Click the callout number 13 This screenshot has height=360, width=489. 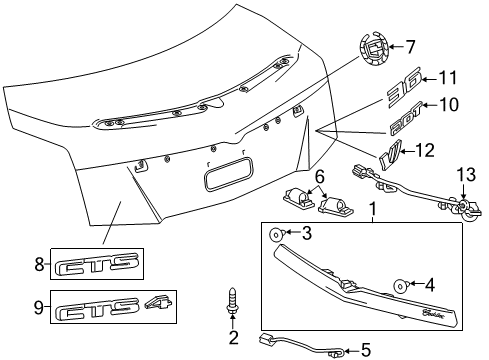tap(466, 175)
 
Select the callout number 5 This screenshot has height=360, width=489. tap(365, 350)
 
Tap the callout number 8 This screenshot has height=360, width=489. tap(40, 264)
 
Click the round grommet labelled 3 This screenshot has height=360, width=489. tap(275, 236)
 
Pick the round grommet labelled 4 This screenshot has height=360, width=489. tap(399, 285)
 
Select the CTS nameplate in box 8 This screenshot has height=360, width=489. tap(99, 264)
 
